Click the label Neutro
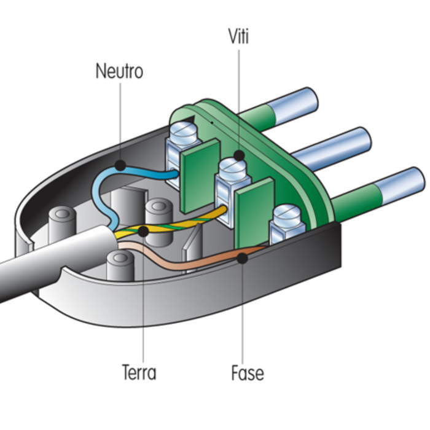click(x=119, y=71)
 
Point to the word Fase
click(x=248, y=372)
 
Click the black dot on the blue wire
click(x=120, y=165)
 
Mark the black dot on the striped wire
click(x=143, y=231)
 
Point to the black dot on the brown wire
click(x=243, y=257)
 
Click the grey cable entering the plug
click(x=43, y=264)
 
